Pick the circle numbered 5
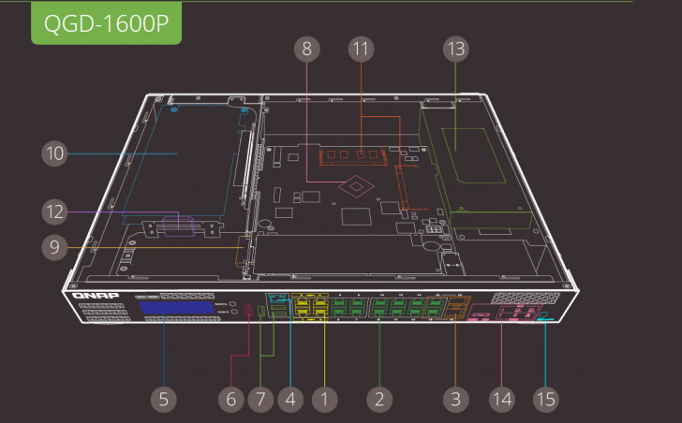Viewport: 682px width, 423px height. [163, 399]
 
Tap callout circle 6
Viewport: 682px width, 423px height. [230, 399]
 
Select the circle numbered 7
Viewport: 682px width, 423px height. [260, 399]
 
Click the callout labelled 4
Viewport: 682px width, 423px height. [290, 399]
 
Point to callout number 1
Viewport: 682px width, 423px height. [323, 399]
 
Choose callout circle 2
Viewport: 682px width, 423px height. [378, 399]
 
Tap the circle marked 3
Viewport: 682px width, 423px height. [455, 399]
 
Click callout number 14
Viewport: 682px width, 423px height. [502, 399]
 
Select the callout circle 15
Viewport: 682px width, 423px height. [545, 399]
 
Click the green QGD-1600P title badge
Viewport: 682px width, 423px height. [105, 23]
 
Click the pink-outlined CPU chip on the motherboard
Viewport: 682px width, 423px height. [357, 186]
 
